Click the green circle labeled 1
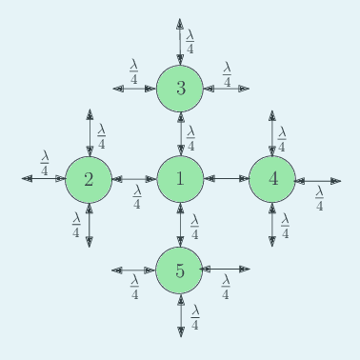click(180, 178)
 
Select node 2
click(89, 179)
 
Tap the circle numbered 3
click(180, 89)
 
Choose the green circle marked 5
click(180, 270)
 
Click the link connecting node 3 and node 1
click(180, 133)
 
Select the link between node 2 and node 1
click(134, 179)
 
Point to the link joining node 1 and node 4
click(226, 178)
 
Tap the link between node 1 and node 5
click(180, 224)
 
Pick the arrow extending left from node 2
click(44, 179)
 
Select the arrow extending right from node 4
click(317, 180)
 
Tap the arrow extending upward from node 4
click(272, 133)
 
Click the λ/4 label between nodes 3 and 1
click(190, 137)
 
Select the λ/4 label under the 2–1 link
click(137, 197)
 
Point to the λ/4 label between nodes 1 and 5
click(194, 227)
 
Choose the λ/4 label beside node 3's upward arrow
click(190, 41)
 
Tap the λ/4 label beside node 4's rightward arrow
click(320, 197)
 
